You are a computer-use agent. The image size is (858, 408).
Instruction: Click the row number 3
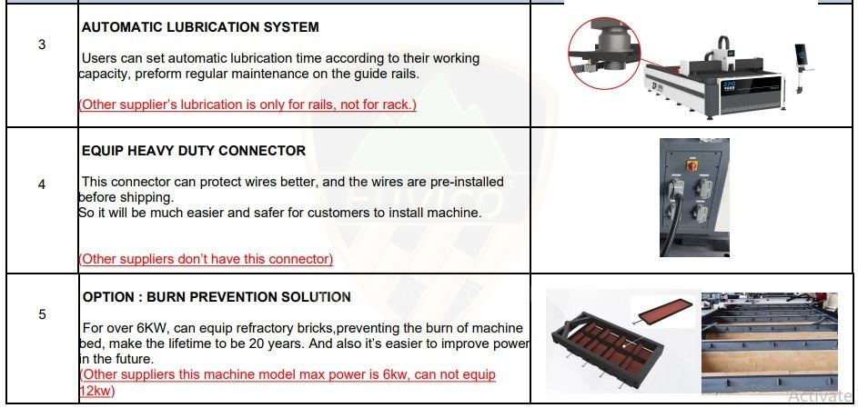(x=42, y=45)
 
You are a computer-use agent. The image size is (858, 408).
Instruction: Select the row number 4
(x=42, y=184)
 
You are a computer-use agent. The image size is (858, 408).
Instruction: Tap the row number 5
(x=42, y=314)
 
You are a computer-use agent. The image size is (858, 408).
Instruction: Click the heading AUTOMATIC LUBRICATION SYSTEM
(x=200, y=27)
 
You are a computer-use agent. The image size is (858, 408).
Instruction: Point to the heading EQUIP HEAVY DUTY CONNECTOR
(x=194, y=151)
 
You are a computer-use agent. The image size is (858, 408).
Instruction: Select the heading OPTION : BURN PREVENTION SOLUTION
(x=217, y=297)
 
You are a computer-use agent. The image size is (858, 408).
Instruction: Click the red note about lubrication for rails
(x=247, y=104)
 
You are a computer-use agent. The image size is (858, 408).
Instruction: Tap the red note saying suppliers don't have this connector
(x=207, y=259)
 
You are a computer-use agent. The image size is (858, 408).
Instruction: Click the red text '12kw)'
(x=97, y=391)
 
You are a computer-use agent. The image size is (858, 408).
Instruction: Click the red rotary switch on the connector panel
(x=692, y=164)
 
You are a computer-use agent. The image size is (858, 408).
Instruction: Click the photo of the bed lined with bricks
(x=770, y=343)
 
